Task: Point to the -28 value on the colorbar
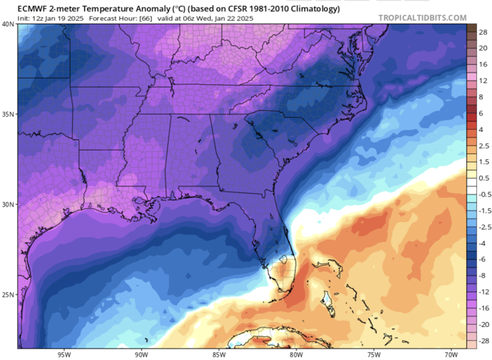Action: tap(480, 337)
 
